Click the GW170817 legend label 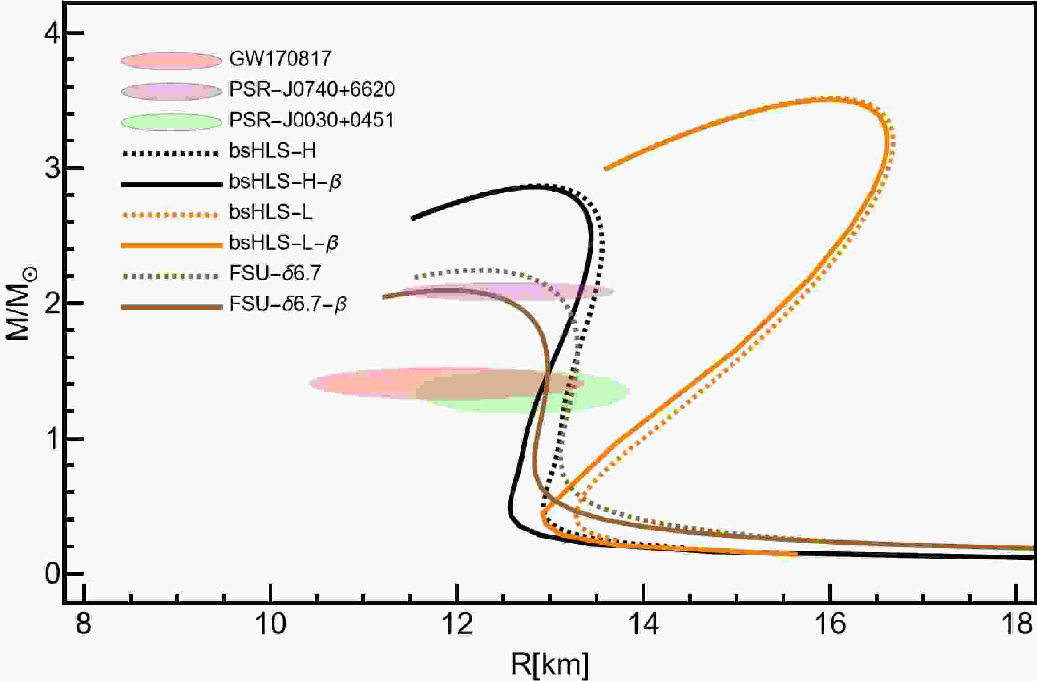[x=280, y=59]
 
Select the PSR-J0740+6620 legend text [x=312, y=90]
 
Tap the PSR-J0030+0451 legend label [x=311, y=121]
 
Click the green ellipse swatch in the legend [x=171, y=122]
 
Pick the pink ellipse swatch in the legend [x=171, y=61]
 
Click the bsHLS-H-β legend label [x=285, y=182]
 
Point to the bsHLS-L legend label [x=271, y=212]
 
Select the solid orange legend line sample [x=171, y=245]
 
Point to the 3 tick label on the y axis [x=52, y=169]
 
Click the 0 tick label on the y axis [x=52, y=574]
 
